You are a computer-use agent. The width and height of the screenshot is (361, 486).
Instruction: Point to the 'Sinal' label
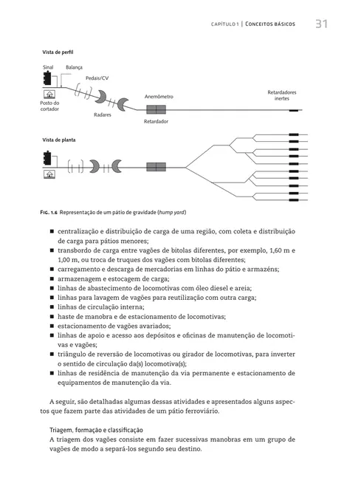coord(48,67)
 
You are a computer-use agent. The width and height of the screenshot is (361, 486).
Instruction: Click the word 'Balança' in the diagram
coord(74,67)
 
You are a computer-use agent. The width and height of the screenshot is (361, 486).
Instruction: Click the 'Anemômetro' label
coord(159,96)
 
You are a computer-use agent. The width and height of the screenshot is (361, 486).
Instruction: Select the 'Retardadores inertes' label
coord(281,95)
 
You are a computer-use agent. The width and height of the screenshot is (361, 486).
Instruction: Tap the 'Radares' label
coord(103,115)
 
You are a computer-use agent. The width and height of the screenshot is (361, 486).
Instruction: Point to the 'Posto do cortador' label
coord(49,106)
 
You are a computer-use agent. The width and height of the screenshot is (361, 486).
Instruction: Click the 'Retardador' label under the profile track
coord(156,120)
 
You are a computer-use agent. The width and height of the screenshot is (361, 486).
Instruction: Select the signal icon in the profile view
coord(49,78)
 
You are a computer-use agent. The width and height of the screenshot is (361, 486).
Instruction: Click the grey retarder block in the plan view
coord(156,166)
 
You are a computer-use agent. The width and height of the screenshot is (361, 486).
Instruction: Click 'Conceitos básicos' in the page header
coord(269,24)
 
